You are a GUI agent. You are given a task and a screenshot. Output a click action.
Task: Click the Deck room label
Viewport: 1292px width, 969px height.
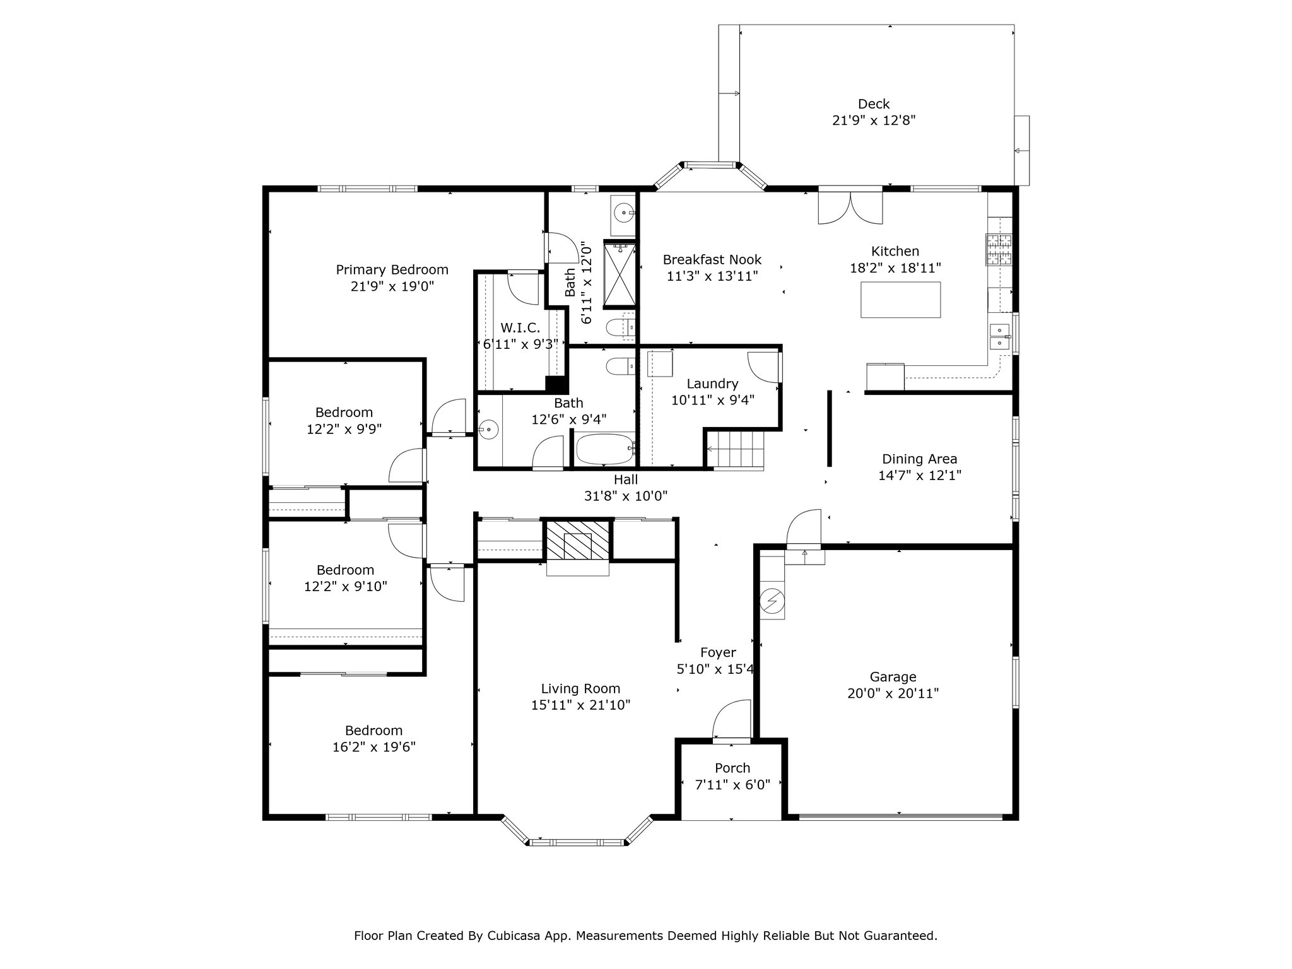(874, 104)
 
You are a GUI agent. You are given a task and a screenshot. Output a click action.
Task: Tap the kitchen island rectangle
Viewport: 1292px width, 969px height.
(901, 300)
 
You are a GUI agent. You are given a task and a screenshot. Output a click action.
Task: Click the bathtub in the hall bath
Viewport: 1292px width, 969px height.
(605, 449)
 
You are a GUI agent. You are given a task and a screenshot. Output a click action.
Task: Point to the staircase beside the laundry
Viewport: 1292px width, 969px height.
(735, 450)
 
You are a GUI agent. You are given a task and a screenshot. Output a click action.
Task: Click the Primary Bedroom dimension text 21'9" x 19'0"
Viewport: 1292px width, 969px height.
(392, 286)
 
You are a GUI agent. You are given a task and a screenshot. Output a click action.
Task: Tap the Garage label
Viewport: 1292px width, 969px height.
(893, 677)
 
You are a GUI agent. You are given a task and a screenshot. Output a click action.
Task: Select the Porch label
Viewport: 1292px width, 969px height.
(732, 768)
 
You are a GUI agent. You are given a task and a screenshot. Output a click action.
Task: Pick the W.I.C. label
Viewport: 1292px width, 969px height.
(520, 328)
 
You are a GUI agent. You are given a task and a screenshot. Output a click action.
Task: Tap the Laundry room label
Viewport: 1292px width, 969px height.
(712, 384)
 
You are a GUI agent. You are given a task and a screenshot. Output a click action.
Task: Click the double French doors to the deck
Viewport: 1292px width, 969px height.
(850, 206)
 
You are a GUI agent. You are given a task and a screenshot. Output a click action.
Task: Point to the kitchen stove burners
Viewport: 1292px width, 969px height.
(999, 249)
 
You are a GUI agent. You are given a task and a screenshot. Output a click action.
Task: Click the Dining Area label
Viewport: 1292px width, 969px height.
(919, 459)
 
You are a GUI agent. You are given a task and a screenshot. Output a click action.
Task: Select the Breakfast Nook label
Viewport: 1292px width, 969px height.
(712, 259)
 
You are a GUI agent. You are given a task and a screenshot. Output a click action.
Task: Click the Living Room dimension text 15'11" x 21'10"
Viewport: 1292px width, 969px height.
(581, 705)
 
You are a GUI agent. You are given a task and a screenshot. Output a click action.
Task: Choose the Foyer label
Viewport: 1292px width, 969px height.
(718, 652)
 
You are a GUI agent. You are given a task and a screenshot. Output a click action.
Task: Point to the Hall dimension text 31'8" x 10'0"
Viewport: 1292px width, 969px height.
(626, 496)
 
